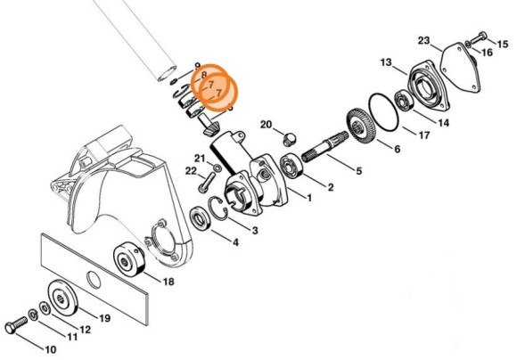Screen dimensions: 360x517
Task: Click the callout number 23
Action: [423, 40]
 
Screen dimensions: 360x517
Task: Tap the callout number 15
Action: [503, 44]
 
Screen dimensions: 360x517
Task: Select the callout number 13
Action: [386, 62]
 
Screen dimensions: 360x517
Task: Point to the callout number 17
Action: [423, 136]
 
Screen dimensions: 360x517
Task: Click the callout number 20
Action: [267, 123]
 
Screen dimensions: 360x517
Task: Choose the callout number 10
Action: [50, 348]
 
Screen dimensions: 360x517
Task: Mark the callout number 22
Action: [191, 171]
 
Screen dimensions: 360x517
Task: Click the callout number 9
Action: [198, 67]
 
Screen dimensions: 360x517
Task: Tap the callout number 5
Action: [357, 170]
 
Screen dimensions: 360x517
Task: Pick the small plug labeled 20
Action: [288, 138]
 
